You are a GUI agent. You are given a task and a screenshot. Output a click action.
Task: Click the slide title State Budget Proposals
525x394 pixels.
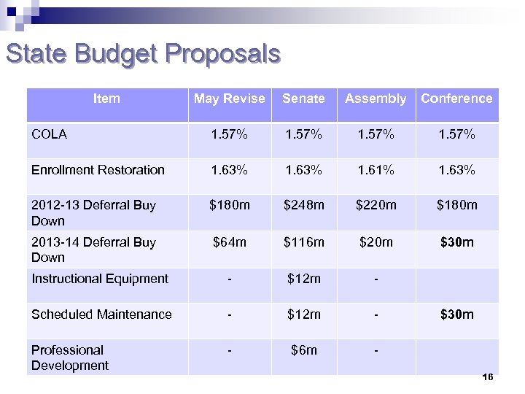click(x=142, y=55)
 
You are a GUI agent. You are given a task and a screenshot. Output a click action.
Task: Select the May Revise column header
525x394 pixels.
click(x=229, y=98)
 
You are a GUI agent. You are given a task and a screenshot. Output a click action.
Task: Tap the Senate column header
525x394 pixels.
click(x=303, y=98)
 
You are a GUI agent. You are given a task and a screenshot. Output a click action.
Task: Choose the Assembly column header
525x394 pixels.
click(x=376, y=98)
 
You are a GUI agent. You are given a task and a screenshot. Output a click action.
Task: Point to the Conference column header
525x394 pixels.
click(x=456, y=98)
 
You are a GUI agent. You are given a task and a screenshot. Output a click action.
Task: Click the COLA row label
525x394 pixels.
click(x=50, y=134)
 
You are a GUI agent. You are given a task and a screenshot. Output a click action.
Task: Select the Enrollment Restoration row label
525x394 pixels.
click(x=98, y=170)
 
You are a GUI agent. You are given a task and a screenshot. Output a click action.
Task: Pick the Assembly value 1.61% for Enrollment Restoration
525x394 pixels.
click(x=376, y=170)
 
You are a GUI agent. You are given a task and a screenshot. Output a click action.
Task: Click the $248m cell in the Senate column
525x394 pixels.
click(x=303, y=205)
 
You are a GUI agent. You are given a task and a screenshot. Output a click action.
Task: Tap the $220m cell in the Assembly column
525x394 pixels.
click(x=376, y=205)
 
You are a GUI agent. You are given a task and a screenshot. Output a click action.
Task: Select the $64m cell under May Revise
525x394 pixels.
click(x=229, y=242)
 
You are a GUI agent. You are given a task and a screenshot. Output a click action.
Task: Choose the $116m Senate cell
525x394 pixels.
click(x=303, y=242)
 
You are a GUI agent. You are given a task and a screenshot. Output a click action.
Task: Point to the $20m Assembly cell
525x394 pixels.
click(x=376, y=242)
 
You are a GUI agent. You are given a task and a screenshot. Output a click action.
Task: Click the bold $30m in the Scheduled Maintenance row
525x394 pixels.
click(x=456, y=314)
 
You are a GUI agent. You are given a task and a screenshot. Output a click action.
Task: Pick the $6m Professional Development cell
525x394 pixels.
click(x=303, y=350)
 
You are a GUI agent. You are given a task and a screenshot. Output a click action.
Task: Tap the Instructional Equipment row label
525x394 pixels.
click(x=100, y=279)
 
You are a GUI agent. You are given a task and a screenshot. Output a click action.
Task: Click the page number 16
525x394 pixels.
click(x=488, y=377)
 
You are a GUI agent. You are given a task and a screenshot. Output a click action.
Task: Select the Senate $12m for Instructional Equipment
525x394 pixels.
click(x=303, y=279)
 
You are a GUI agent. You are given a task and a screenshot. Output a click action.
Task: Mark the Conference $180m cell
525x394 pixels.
click(x=456, y=205)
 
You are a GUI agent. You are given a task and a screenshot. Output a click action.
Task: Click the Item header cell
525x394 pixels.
click(x=106, y=98)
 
